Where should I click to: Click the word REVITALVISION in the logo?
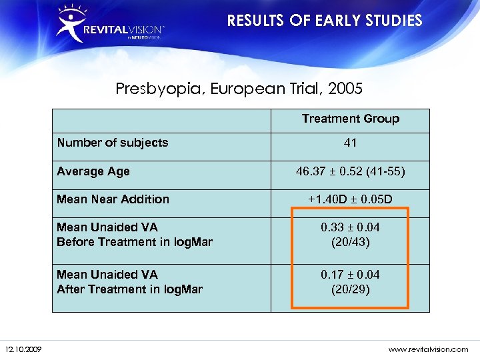(x=123, y=30)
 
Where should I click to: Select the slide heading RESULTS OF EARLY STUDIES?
(x=325, y=21)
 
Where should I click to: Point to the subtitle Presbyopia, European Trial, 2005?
(x=239, y=88)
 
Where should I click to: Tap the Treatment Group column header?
(x=350, y=119)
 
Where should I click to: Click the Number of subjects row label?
(x=113, y=142)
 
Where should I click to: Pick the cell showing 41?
(x=350, y=142)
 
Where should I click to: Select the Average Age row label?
(x=93, y=171)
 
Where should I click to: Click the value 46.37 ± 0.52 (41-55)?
(x=350, y=171)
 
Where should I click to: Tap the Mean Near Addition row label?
(x=113, y=199)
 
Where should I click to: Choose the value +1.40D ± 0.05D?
(x=350, y=199)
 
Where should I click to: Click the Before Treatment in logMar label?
(x=135, y=242)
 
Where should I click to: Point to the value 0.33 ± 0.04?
(x=350, y=227)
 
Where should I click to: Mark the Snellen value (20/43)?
(x=350, y=242)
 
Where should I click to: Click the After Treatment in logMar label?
(x=129, y=289)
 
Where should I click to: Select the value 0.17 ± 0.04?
(x=350, y=274)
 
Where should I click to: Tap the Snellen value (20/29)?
(x=350, y=289)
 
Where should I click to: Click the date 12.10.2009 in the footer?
(x=24, y=349)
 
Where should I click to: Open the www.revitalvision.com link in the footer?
(x=429, y=349)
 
